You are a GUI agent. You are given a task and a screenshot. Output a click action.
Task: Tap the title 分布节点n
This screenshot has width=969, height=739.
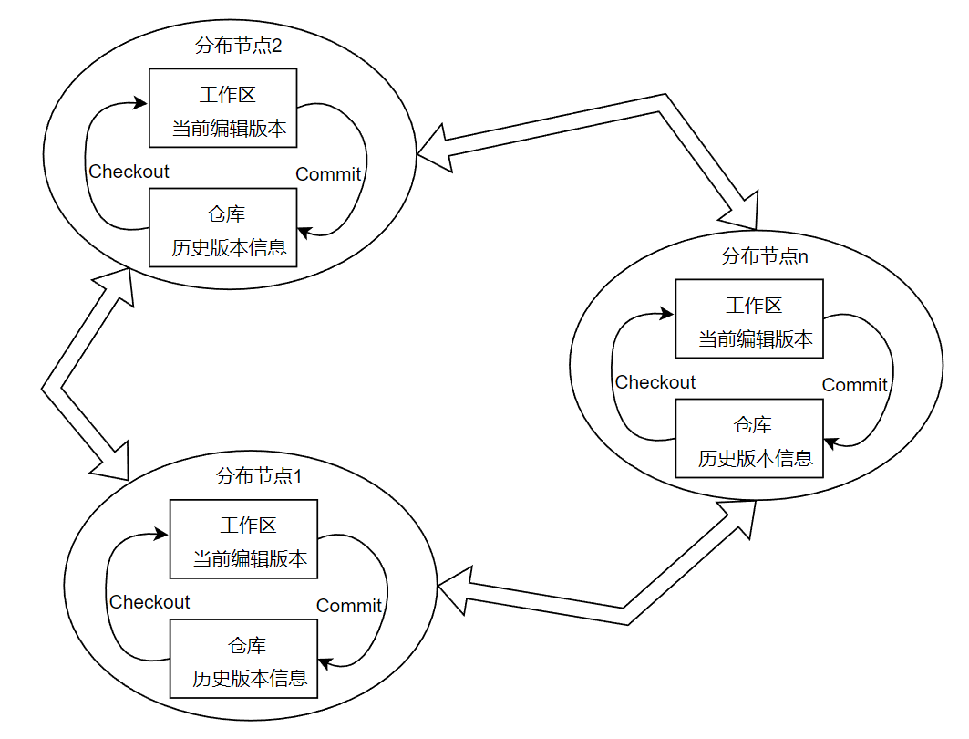point(764,255)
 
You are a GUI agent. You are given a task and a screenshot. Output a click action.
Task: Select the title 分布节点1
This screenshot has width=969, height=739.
point(258,475)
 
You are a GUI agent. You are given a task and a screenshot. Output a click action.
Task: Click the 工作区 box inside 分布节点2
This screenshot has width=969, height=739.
point(223,108)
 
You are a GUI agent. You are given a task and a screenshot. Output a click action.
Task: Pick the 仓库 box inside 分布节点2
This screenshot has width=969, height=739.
point(223,227)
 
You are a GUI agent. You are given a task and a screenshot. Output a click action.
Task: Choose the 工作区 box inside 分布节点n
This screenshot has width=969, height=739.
point(749,318)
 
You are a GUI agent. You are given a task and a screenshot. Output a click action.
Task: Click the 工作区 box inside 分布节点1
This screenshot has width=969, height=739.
point(244,538)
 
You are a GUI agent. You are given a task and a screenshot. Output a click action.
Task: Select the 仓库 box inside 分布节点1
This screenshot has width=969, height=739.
point(244,659)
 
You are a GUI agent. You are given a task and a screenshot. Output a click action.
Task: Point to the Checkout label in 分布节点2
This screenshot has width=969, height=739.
point(129,172)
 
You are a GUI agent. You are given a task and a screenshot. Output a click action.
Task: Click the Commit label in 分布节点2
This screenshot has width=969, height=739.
point(328,174)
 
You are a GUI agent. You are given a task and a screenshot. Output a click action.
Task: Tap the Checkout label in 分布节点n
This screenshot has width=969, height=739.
point(655,382)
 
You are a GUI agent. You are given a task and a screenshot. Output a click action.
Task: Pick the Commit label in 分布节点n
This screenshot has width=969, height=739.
point(854,385)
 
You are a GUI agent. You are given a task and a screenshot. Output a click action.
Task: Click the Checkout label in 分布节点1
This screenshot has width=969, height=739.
point(149,602)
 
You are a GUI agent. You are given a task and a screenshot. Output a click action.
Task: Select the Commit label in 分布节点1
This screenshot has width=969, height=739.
point(349,606)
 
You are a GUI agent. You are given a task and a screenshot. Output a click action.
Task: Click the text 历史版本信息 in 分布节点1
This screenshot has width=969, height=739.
point(250,679)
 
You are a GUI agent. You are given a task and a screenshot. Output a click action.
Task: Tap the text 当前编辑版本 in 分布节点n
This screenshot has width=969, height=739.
point(755,339)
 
